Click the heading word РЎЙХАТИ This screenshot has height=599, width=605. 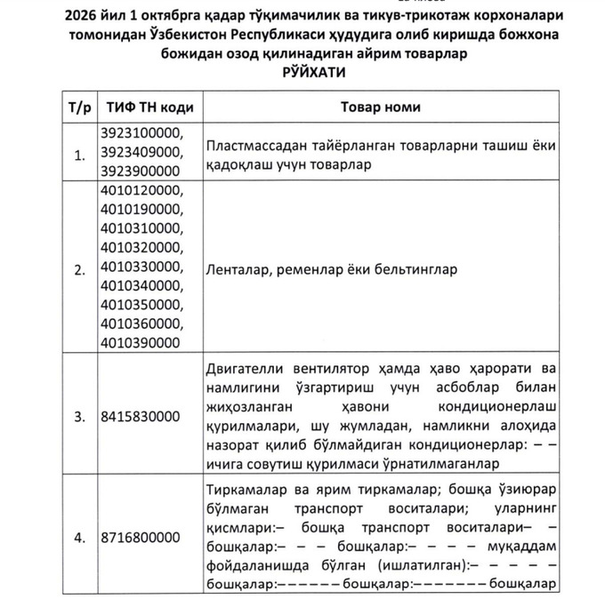coord(303,71)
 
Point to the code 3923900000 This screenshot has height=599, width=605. coord(140,170)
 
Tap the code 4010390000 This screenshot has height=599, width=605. coord(140,342)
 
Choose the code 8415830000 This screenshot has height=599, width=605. coord(140,416)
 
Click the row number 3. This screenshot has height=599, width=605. coord(78,416)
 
